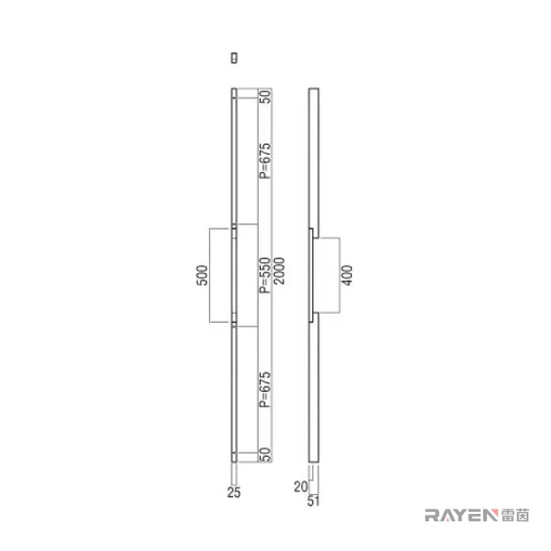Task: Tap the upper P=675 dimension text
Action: click(x=266, y=160)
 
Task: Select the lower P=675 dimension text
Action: click(x=266, y=389)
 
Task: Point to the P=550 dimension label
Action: click(x=266, y=275)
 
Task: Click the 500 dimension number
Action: click(x=203, y=275)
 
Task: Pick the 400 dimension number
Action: click(x=347, y=275)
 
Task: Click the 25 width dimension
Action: click(x=234, y=493)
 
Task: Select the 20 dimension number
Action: click(x=300, y=487)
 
